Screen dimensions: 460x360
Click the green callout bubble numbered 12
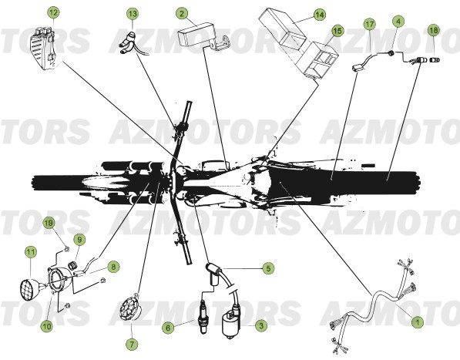pos(54,13)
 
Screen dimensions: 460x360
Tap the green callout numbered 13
pos(133,14)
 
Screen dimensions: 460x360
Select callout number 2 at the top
pos(182,14)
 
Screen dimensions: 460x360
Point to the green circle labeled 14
pos(319,15)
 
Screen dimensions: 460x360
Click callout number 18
pos(434,30)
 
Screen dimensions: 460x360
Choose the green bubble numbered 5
pos(268,268)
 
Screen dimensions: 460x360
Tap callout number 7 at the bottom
pos(132,344)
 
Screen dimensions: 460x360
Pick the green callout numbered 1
pos(417,322)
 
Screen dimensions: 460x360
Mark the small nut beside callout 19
pos(66,250)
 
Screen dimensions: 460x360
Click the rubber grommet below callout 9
pos(72,266)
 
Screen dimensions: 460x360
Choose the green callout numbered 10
pos(47,325)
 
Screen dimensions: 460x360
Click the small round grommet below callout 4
pos(391,53)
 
